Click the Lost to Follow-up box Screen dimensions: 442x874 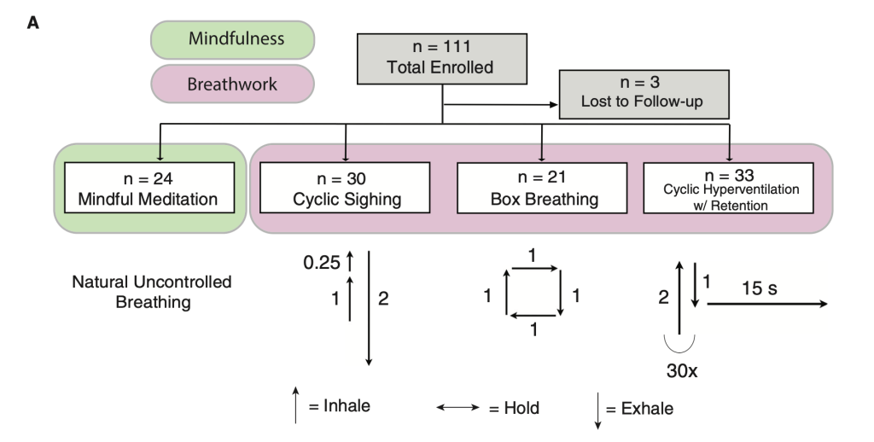click(644, 94)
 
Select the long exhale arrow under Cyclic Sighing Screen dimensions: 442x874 click(370, 308)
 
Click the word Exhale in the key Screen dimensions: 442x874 click(645, 409)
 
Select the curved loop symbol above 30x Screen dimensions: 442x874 click(679, 343)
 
